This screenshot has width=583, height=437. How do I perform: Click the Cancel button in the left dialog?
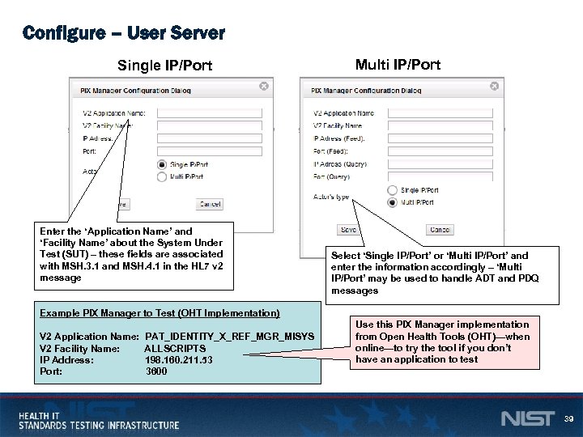point(210,205)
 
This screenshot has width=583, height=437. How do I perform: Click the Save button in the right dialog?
point(348,230)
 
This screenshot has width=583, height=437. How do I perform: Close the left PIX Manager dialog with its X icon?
point(263,86)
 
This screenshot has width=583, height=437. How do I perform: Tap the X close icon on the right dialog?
point(494,86)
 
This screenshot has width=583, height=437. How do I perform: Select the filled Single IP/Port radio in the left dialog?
point(162,164)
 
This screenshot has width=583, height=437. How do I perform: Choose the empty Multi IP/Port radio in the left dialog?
point(162,176)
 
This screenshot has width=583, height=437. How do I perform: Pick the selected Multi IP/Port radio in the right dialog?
point(393,202)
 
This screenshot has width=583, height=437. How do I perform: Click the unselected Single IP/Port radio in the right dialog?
point(393,190)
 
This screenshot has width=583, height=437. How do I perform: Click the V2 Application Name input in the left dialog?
point(209,112)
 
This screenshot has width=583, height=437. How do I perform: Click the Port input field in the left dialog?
point(209,151)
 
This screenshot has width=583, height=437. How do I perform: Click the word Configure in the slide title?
point(63,33)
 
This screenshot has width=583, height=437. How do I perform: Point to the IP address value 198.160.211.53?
point(179,360)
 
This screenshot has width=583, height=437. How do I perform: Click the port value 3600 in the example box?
point(156,371)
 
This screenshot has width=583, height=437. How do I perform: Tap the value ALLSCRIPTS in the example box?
point(175,348)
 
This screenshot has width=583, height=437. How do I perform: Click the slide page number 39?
point(567,418)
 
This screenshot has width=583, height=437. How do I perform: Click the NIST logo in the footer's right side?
point(528,418)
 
